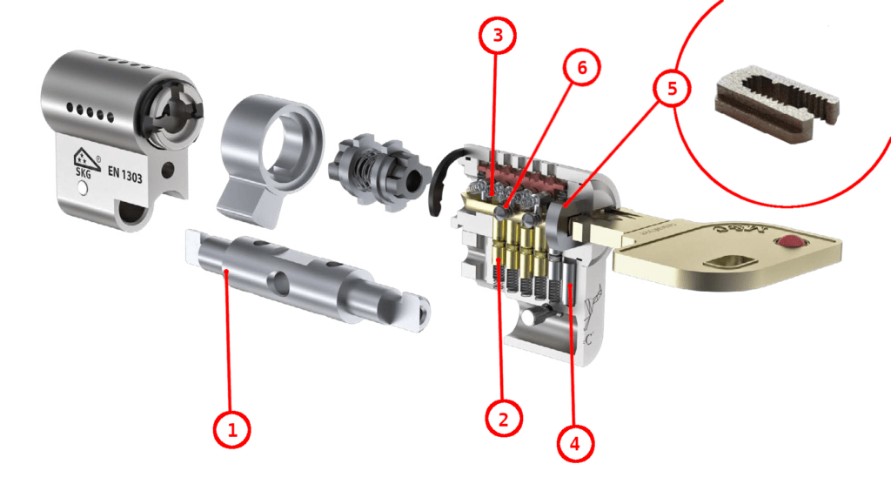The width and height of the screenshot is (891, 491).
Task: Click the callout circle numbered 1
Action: tap(231, 429)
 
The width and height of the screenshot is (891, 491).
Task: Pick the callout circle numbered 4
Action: tap(575, 441)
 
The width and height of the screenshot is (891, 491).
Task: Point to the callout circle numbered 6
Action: tap(582, 67)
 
